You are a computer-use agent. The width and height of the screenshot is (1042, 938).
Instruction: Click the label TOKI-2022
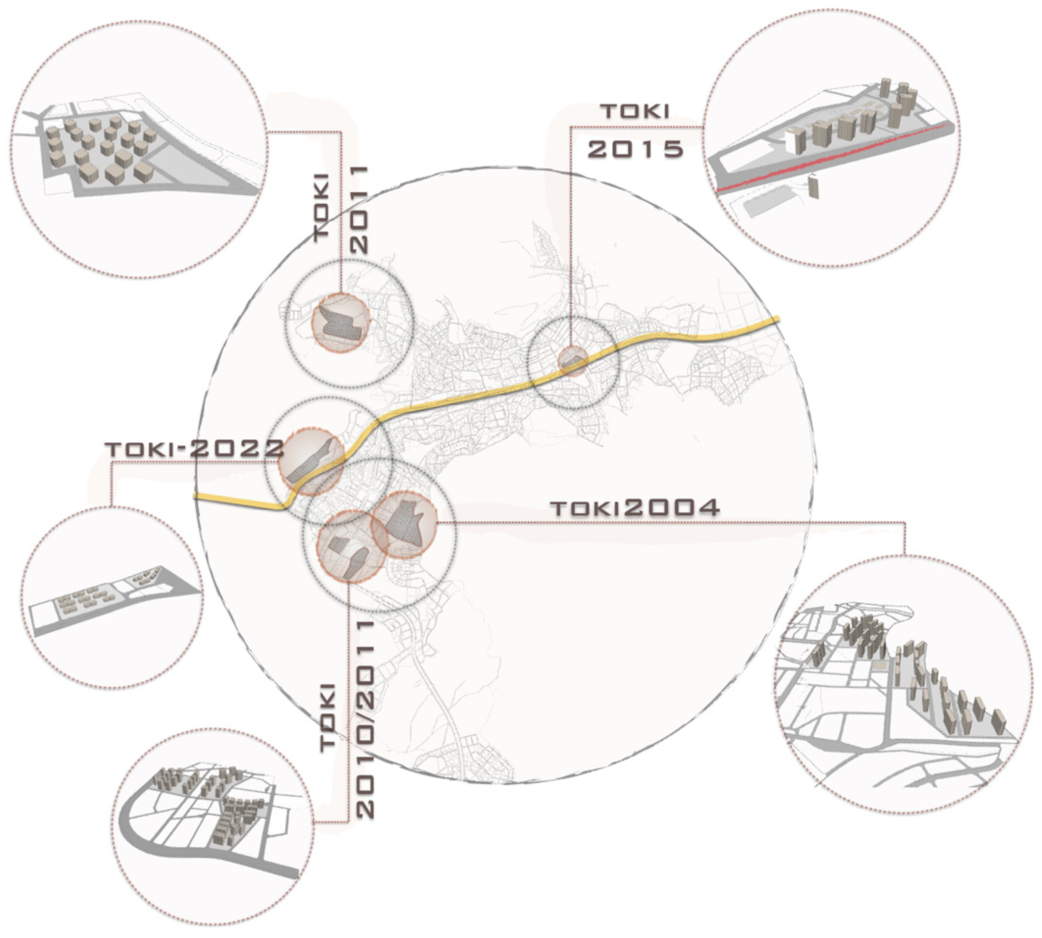click(x=194, y=449)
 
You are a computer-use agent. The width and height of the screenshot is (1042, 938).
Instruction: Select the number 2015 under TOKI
click(x=636, y=149)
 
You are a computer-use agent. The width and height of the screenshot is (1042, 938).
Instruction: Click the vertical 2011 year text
click(x=359, y=209)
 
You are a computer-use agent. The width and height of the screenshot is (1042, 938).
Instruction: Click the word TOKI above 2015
click(x=636, y=111)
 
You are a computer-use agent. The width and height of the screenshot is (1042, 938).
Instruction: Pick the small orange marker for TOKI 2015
click(x=573, y=361)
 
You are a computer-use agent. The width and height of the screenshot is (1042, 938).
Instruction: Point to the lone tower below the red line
click(x=813, y=186)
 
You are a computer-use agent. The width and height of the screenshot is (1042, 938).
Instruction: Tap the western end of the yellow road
click(x=196, y=496)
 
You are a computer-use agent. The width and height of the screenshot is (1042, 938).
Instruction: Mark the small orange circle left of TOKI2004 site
click(x=352, y=546)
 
